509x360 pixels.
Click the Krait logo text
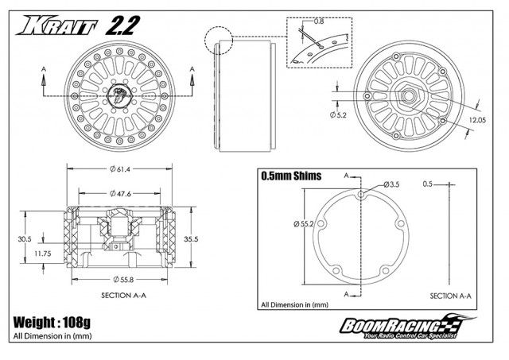[57, 25]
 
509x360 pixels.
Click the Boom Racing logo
[407, 327]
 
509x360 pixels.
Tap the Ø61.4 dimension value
[120, 169]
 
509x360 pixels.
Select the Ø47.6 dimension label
[120, 194]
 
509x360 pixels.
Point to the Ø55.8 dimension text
[123, 280]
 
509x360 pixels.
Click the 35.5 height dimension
[191, 239]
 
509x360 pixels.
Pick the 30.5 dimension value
[25, 239]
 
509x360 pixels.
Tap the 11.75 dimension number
[42, 254]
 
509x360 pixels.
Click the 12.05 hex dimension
[477, 120]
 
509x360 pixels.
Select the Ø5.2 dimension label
[338, 114]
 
